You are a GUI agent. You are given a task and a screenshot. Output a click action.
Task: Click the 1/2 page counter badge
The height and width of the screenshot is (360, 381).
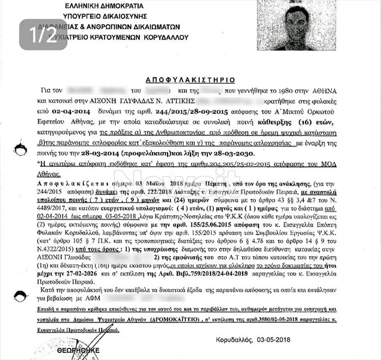tap(43, 34)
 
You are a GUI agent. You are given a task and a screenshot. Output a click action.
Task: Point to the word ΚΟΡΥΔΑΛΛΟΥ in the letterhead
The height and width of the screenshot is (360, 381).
tap(166, 38)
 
